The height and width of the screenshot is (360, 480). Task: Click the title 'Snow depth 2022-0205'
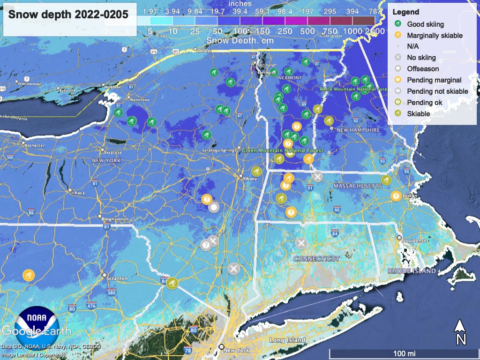(68, 14)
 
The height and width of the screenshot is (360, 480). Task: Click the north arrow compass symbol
(461, 332)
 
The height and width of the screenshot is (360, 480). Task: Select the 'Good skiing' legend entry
(425, 24)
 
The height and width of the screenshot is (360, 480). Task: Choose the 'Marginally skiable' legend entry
(435, 35)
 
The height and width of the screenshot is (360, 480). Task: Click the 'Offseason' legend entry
(423, 69)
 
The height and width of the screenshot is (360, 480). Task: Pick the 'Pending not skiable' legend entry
(437, 91)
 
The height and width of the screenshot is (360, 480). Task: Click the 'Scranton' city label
(117, 278)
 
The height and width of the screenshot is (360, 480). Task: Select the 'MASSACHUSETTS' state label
(358, 187)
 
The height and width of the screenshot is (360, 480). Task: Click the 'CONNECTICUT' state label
(316, 259)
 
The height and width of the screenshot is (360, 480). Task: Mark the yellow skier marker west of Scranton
(29, 275)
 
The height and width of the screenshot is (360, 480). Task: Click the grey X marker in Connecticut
(301, 243)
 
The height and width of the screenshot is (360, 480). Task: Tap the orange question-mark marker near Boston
(396, 196)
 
